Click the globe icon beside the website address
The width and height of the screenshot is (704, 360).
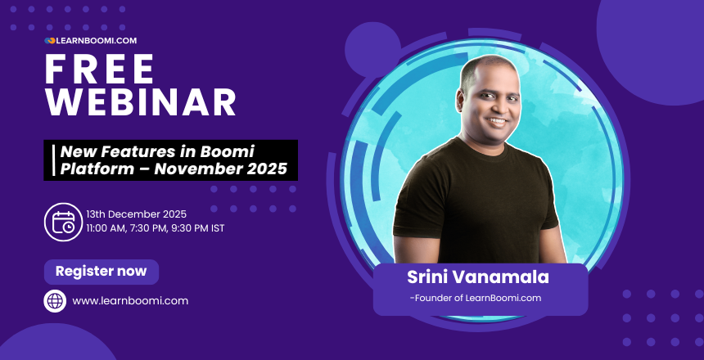55,300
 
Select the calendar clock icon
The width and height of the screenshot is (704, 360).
62,221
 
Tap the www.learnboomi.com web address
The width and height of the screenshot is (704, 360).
130,300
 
